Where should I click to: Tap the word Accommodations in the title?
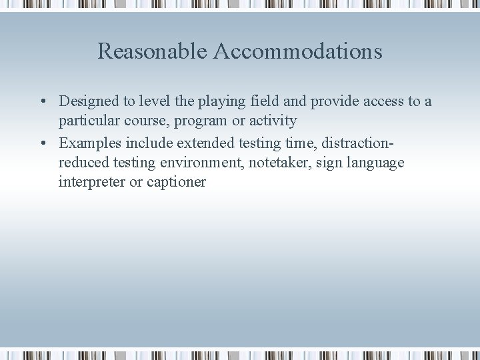pos(298,51)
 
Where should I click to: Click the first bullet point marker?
pos(42,101)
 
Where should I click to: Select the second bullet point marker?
pos(42,143)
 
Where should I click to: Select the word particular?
pos(88,121)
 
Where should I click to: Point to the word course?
pos(146,121)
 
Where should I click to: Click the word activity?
pos(273,121)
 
